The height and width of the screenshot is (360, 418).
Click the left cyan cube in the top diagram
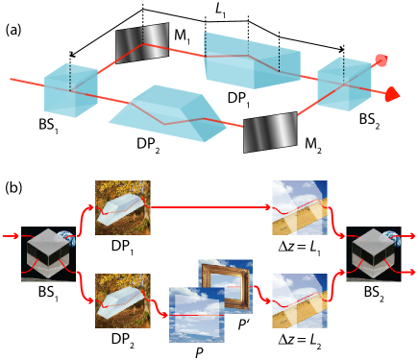[x=69, y=90]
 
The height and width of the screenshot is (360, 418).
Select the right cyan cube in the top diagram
[x=343, y=84]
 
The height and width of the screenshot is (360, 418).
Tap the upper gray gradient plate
[x=142, y=42]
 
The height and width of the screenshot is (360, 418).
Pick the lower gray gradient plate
[x=270, y=132]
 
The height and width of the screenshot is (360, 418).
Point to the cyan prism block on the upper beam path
[x=251, y=61]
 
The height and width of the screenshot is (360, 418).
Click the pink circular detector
[x=381, y=60]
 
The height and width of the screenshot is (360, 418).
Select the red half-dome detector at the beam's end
[x=391, y=94]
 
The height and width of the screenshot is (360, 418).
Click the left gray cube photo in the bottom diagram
[x=46, y=253]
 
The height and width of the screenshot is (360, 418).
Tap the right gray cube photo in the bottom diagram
[x=373, y=253]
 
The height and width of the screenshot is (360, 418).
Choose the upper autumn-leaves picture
[x=122, y=207]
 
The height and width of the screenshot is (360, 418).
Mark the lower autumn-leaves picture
[x=122, y=300]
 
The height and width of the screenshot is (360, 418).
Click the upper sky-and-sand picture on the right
[x=299, y=207]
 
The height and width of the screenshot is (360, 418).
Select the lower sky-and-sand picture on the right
[x=299, y=300]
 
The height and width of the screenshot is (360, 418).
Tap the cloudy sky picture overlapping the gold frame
[x=195, y=316]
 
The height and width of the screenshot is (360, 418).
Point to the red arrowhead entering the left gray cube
[x=15, y=235]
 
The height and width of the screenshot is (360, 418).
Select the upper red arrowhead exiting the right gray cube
[x=413, y=235]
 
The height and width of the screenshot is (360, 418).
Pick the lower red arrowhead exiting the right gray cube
[x=413, y=272]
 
